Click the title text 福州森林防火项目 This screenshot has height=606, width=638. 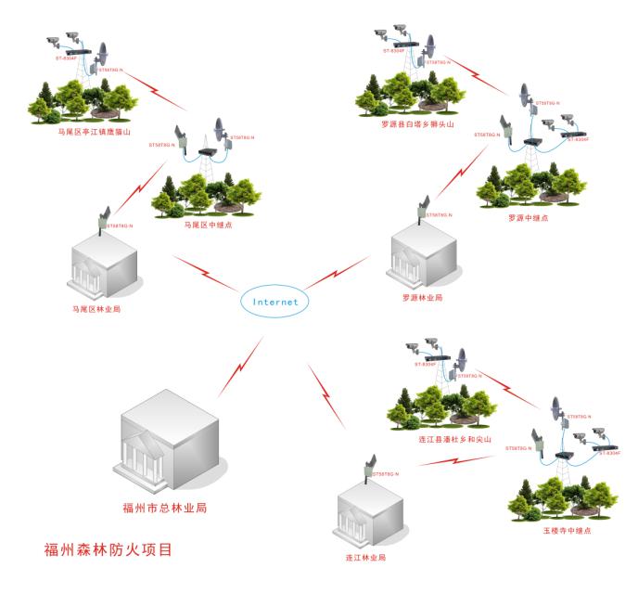tap(108, 548)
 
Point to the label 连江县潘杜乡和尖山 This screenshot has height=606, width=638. tap(449, 439)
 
